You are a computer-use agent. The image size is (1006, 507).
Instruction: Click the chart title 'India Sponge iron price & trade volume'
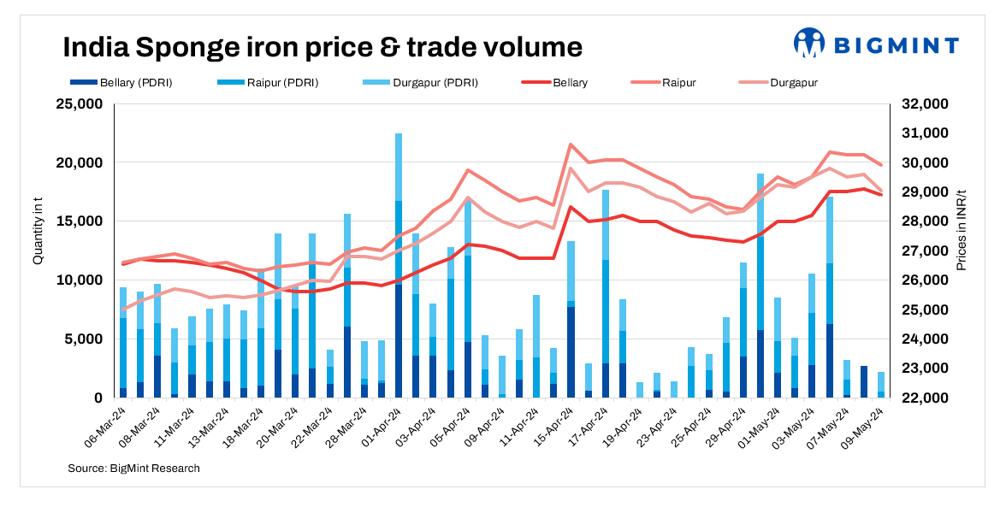tap(322, 46)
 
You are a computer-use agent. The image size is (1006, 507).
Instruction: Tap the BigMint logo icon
tap(808, 43)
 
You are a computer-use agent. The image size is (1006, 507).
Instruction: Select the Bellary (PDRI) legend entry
tap(125, 83)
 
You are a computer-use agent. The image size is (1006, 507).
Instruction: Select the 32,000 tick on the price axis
tap(917, 104)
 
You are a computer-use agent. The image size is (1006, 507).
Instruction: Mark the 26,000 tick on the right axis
tap(917, 280)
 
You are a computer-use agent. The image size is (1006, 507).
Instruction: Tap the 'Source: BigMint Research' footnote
tap(133, 468)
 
